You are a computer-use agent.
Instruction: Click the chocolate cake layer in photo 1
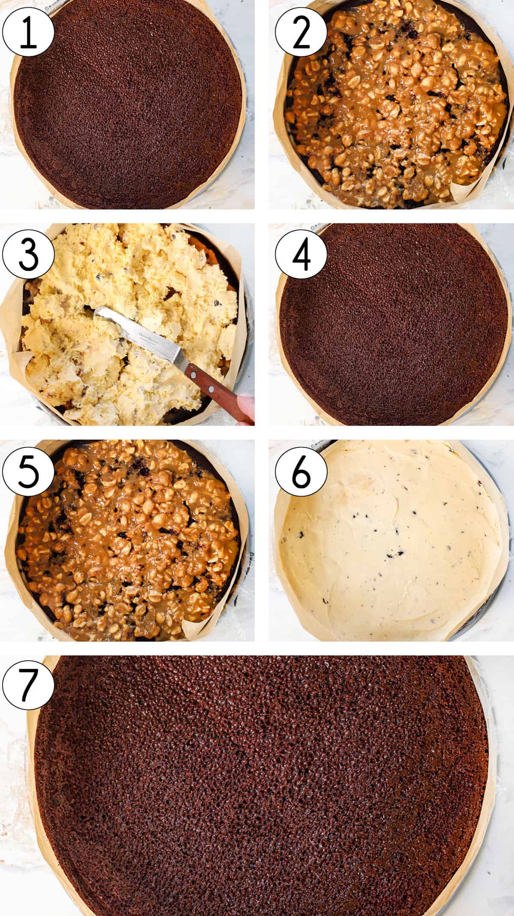(128, 107)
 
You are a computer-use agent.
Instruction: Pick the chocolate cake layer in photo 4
(392, 326)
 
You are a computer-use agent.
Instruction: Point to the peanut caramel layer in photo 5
(128, 540)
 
